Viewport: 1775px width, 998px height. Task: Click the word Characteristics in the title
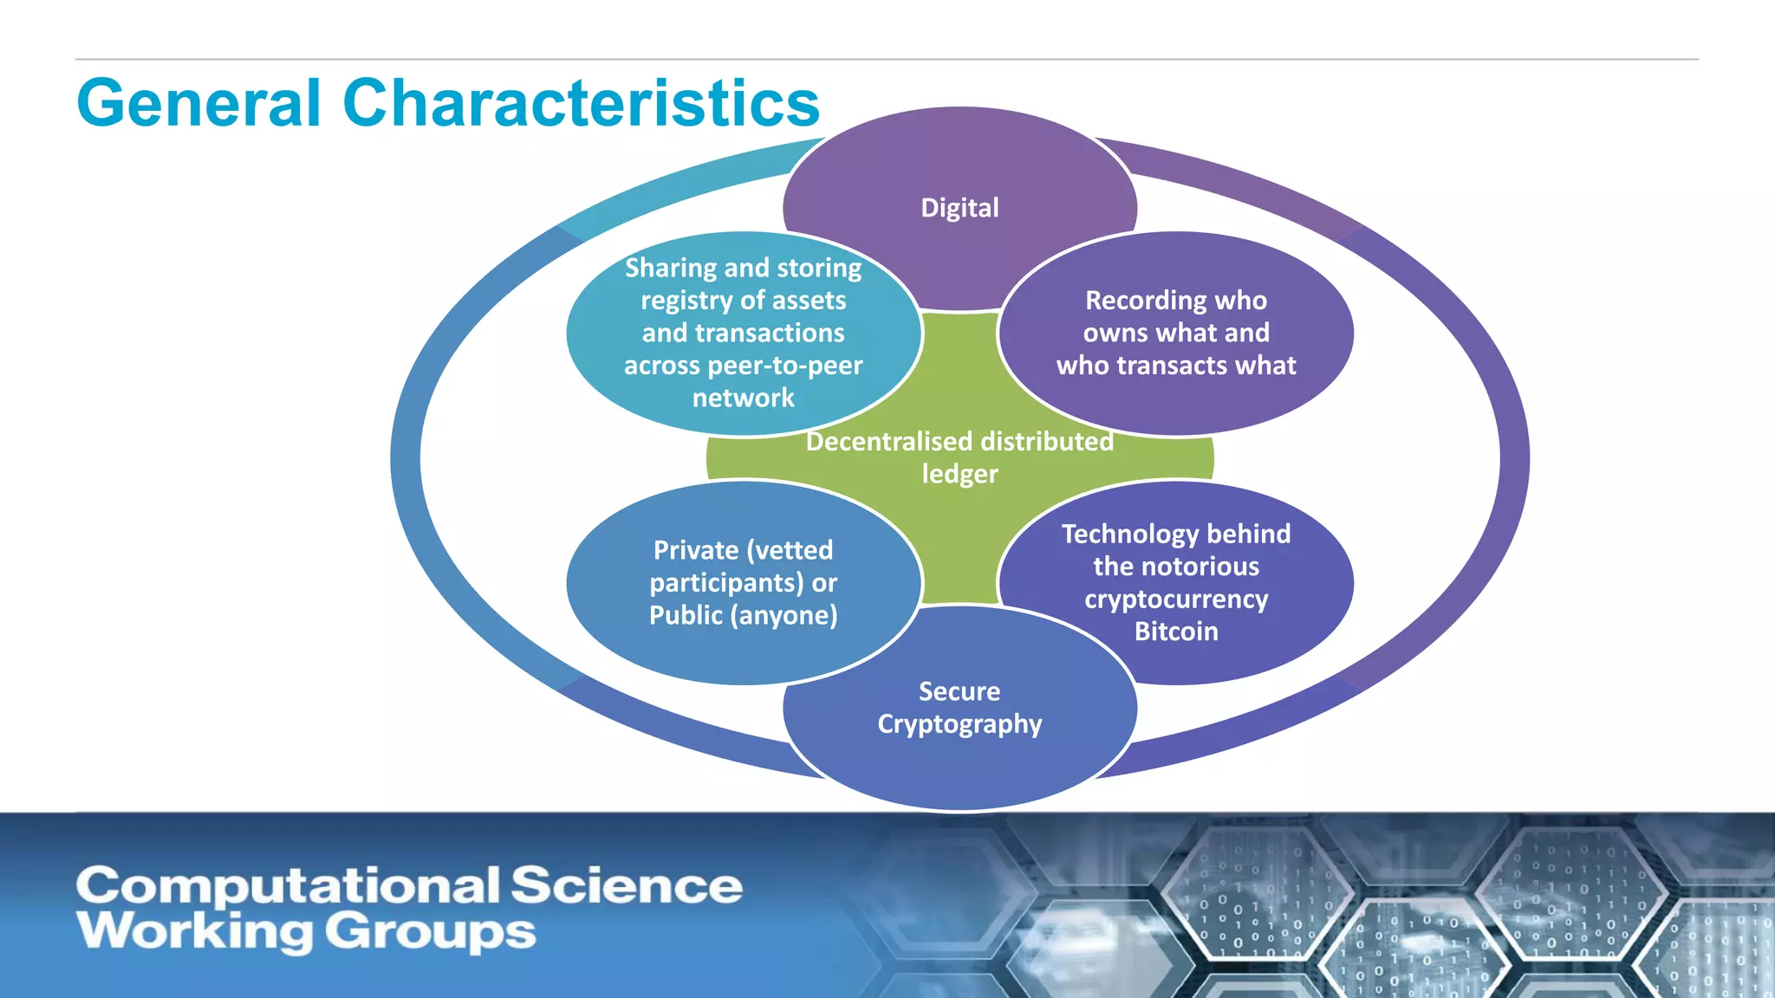pyautogui.click(x=581, y=103)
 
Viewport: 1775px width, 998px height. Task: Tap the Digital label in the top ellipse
pyautogui.click(x=959, y=208)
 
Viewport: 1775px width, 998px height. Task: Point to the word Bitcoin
pyautogui.click(x=1176, y=632)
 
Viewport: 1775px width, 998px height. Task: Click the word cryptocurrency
pyautogui.click(x=1176, y=599)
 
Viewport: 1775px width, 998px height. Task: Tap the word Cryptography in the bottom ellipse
pyautogui.click(x=959, y=724)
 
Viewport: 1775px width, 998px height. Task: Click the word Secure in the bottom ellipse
pyautogui.click(x=959, y=691)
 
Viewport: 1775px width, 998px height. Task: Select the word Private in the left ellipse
pyautogui.click(x=695, y=550)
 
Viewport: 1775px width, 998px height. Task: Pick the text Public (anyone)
pyautogui.click(x=743, y=615)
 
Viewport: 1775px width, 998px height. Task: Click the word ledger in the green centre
pyautogui.click(x=959, y=474)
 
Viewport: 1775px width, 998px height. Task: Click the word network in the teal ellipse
pyautogui.click(x=743, y=399)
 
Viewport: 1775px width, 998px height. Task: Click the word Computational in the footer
pyautogui.click(x=288, y=886)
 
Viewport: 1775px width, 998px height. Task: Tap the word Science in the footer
pyautogui.click(x=626, y=886)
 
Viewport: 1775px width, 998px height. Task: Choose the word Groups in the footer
pyautogui.click(x=430, y=932)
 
